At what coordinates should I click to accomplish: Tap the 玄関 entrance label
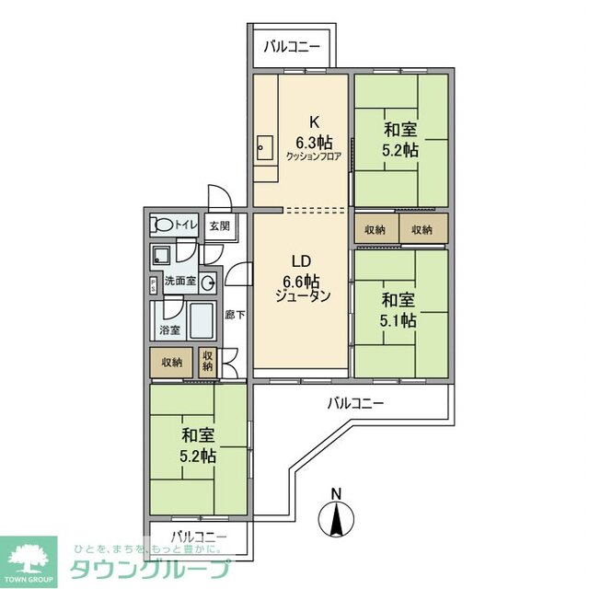[x=218, y=225]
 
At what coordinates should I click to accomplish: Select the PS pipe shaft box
[x=153, y=284]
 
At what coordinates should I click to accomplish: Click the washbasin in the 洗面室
[x=208, y=283]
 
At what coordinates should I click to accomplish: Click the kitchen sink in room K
[x=264, y=145]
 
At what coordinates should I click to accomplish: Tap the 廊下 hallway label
[x=235, y=315]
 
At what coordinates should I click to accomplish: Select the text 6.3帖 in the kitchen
[x=313, y=142]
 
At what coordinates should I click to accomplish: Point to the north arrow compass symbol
[x=336, y=521]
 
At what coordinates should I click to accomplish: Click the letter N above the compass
[x=336, y=492]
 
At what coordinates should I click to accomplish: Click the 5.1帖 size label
[x=399, y=320]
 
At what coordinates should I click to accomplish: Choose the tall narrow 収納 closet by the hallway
[x=208, y=360]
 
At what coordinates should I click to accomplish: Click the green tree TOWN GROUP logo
[x=29, y=559]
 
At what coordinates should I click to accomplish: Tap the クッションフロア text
[x=313, y=156]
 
